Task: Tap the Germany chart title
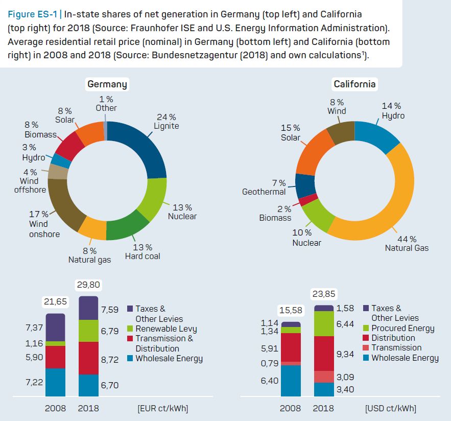(107, 84)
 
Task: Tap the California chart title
(354, 84)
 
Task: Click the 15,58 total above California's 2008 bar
(290, 310)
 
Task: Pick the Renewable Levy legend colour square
(129, 329)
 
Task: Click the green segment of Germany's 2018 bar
(88, 331)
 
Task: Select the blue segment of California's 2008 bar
(290, 381)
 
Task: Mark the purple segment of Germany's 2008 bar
(55, 327)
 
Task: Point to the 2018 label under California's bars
(323, 408)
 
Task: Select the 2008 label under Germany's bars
(55, 408)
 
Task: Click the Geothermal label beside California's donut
(264, 192)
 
